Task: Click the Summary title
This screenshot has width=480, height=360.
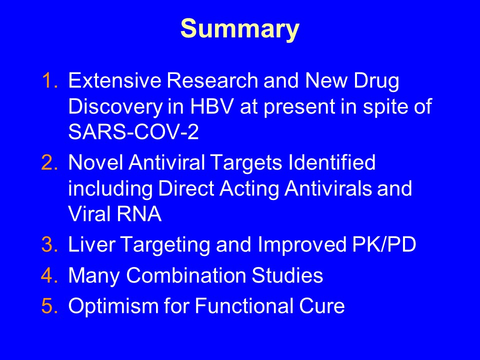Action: point(239,29)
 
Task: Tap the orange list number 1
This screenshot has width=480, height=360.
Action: point(49,80)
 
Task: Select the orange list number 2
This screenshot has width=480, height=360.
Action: point(49,162)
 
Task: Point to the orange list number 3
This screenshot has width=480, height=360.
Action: point(49,244)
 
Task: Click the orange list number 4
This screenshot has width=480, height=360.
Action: point(49,275)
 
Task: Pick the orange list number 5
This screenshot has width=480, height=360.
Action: point(49,305)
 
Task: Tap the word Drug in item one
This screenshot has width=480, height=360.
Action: point(376,82)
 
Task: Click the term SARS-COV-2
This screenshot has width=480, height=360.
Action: point(133,132)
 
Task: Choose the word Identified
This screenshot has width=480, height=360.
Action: point(332,162)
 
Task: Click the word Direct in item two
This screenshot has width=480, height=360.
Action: point(186,188)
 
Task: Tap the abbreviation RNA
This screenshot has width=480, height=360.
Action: point(139,213)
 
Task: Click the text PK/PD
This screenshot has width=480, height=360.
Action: point(384,244)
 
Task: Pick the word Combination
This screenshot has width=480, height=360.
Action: point(186,275)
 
